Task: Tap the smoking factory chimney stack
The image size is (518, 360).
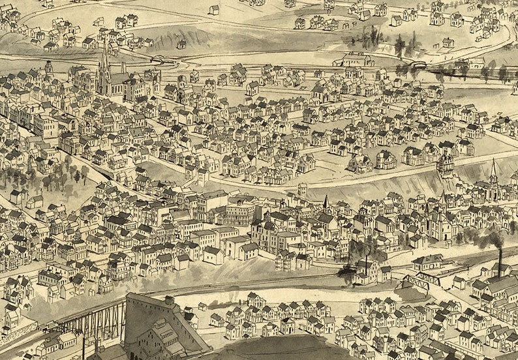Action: pos(500,261)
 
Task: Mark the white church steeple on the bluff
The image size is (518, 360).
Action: pos(494,175)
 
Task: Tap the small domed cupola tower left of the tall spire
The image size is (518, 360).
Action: pos(49,68)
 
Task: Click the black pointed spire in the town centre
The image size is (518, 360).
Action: pos(326,202)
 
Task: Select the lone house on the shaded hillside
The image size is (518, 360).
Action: pos(181,44)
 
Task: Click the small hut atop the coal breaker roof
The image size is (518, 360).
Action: pos(170,301)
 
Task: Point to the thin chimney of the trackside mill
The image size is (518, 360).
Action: pos(366,265)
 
